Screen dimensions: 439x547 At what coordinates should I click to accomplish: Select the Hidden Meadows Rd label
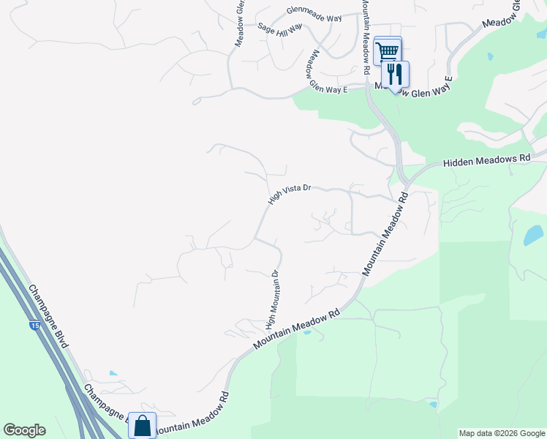[486, 160]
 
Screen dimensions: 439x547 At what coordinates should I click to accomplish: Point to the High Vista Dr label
[290, 193]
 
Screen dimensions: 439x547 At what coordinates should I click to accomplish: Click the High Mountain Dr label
[272, 300]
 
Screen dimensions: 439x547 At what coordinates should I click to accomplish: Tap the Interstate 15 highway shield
[35, 325]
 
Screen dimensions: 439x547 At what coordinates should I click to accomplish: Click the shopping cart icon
[387, 51]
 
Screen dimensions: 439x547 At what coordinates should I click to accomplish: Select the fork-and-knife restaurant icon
[395, 74]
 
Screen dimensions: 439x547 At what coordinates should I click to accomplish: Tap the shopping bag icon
[143, 425]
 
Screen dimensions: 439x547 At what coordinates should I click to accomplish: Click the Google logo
[24, 430]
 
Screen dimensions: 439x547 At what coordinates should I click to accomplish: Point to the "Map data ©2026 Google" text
[502, 433]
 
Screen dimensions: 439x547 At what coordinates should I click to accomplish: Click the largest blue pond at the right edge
[533, 235]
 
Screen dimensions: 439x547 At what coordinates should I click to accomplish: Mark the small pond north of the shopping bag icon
[113, 373]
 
